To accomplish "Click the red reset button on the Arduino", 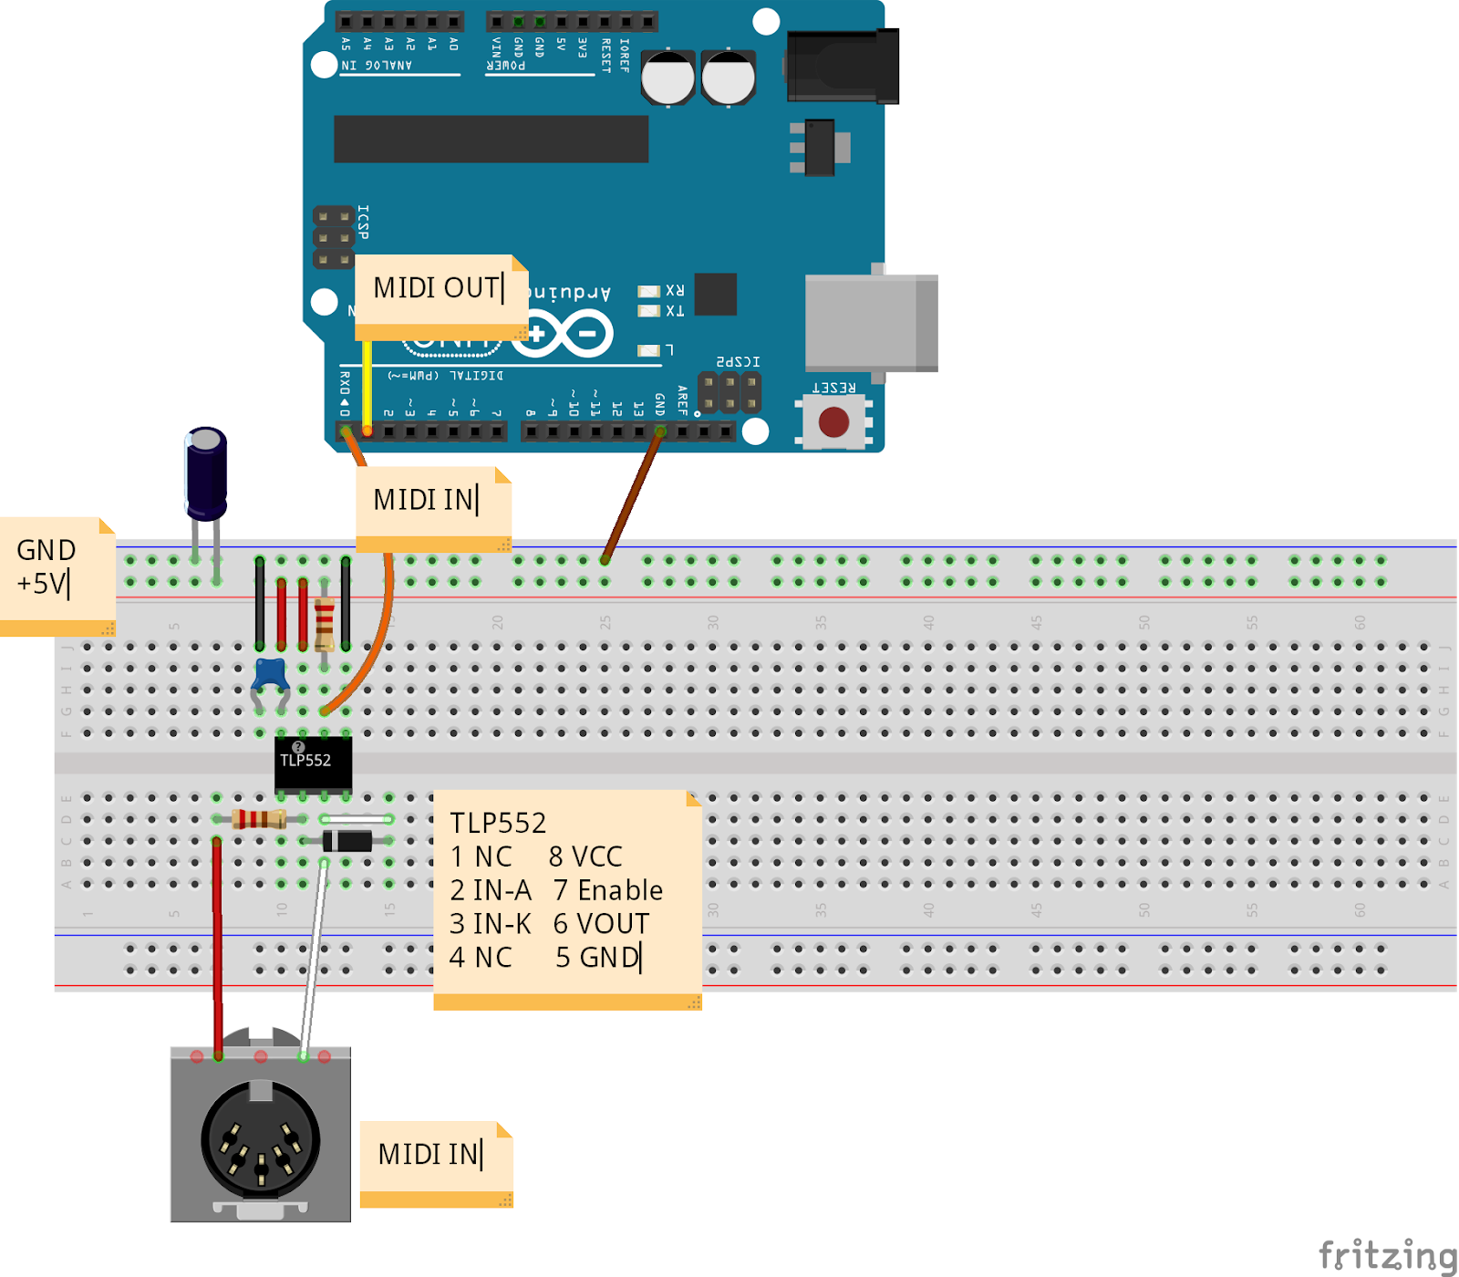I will coord(833,422).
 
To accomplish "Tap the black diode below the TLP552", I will coord(347,840).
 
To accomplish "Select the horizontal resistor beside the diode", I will coord(259,818).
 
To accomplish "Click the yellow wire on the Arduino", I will coord(367,383).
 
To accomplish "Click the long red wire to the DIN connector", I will coord(217,949).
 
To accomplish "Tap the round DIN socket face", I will coord(260,1140).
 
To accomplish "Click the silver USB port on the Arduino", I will coord(870,322).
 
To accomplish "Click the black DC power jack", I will coord(842,67).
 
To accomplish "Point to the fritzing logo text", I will coord(1387,1255).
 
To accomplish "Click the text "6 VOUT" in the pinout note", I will coord(601,924).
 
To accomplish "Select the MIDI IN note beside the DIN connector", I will coord(435,1156).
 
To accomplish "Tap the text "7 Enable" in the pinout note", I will coord(607,890).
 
